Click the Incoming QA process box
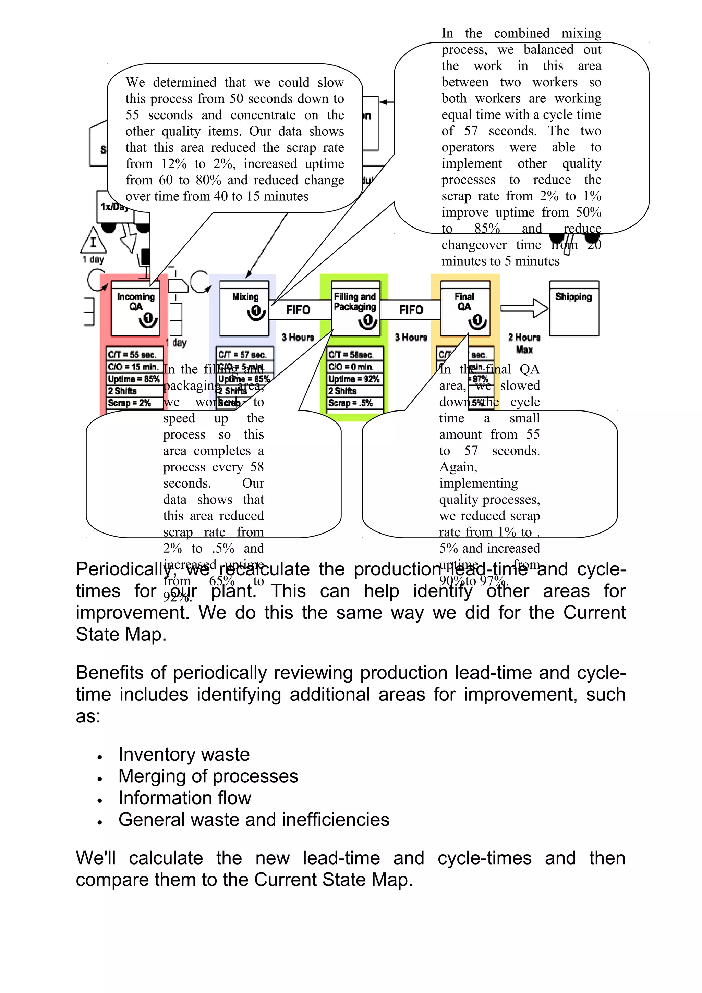(135, 308)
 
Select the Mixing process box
(244, 308)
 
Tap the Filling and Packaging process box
(355, 308)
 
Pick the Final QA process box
(465, 308)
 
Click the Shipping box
(573, 308)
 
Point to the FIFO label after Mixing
(298, 310)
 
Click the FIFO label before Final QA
(411, 310)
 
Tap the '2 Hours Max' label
(524, 343)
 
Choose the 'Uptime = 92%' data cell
(355, 379)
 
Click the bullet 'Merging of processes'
(208, 776)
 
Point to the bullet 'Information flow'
(185, 798)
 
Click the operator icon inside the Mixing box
(256, 312)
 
